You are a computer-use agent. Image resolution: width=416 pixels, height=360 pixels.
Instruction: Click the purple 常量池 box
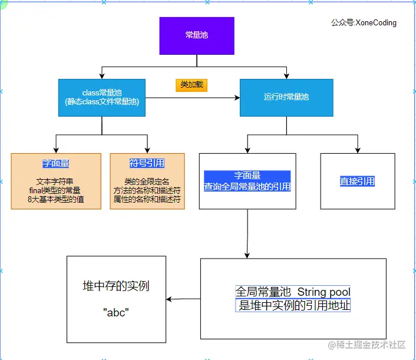pos(197,36)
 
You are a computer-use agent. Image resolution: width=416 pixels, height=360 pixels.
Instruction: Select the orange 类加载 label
pos(192,85)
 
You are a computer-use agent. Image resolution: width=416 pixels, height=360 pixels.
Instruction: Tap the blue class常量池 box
pos(102,97)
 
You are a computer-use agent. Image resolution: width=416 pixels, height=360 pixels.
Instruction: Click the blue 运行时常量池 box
pos(286,97)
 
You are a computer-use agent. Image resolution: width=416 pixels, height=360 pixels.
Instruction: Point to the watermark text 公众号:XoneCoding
pos(364,23)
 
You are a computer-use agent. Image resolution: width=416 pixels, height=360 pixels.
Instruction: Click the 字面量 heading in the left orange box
pos(55,163)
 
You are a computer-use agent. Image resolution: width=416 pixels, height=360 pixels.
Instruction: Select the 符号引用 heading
pos(147,163)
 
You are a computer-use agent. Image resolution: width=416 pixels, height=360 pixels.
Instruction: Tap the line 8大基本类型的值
pos(55,199)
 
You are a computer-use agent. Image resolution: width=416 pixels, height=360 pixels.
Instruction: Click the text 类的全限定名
pos(147,181)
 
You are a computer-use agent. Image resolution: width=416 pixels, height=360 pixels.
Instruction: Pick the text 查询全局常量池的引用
pos(247,187)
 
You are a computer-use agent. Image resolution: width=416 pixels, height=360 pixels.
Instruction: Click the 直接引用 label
pos(357,181)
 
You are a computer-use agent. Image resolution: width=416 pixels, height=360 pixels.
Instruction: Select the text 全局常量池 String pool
pos(293,292)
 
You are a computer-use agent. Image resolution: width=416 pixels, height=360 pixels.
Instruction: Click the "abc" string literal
pos(116,313)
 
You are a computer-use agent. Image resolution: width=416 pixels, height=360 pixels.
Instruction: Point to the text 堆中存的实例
pos(116,286)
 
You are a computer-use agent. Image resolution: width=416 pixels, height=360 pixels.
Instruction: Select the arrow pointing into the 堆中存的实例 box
pos(171,299)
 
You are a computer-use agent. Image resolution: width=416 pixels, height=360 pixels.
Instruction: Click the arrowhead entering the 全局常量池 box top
pos(247,255)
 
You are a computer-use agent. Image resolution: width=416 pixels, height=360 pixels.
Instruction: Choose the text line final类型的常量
pos(55,190)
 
